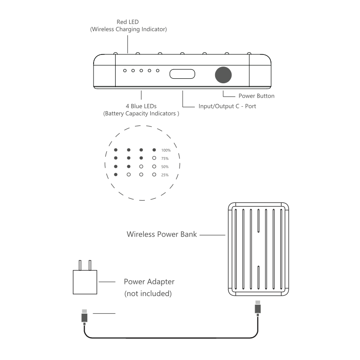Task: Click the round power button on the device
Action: coord(223,75)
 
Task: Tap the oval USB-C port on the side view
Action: coord(182,74)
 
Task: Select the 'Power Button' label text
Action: coord(256,96)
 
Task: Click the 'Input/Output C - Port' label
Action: coord(227,107)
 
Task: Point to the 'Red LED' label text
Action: coord(128,22)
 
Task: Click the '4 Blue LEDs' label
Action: coord(141,106)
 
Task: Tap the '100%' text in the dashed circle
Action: coord(166,150)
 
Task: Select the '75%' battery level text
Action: coord(165,158)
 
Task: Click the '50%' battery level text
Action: coord(165,166)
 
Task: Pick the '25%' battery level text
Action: coord(165,175)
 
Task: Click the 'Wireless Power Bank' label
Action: coord(162,234)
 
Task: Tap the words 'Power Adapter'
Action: coord(149,282)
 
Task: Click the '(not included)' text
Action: coord(148,294)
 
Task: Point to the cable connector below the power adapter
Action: coord(84,316)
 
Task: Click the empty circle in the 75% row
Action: coord(154,158)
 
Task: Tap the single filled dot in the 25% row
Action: coord(116,174)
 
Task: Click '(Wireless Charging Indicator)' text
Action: coord(128,30)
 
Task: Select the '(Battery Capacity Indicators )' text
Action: coord(141,114)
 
